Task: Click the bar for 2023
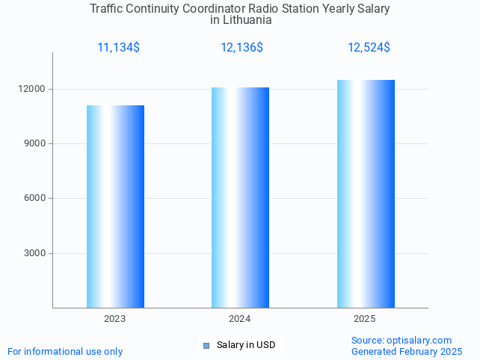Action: (115, 206)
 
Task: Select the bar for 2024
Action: (240, 197)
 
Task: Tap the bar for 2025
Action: (366, 193)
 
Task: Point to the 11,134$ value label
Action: (118, 48)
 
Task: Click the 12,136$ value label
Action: (241, 48)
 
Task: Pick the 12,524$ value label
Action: (369, 48)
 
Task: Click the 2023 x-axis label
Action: (114, 319)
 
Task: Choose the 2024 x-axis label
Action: (239, 319)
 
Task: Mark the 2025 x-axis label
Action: (365, 319)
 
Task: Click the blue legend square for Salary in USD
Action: (206, 345)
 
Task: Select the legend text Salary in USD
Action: (246, 345)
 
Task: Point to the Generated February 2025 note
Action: (407, 351)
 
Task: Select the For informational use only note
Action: (65, 351)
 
